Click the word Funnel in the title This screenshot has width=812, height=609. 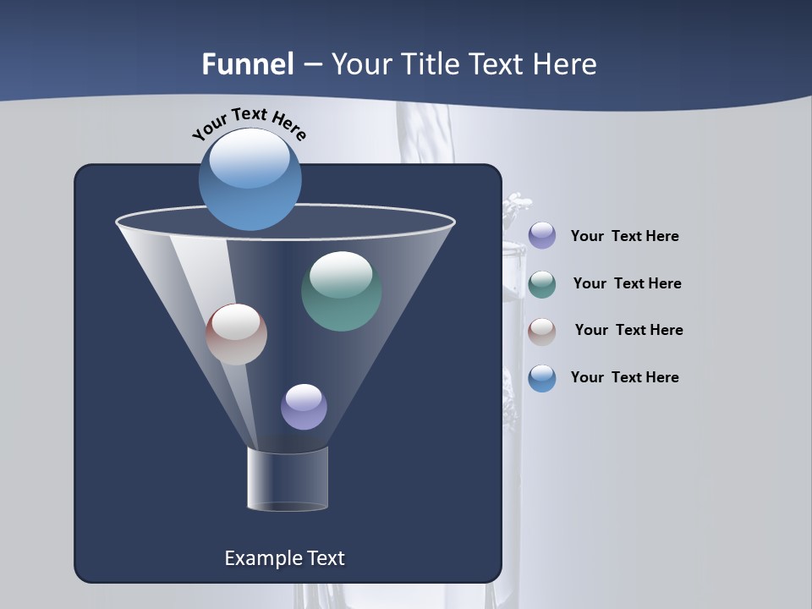tap(247, 64)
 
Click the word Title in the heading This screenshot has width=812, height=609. tap(431, 64)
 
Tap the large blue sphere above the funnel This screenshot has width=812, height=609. tap(250, 179)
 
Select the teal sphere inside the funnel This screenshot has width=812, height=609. tap(341, 291)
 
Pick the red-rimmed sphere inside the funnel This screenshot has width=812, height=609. tap(236, 334)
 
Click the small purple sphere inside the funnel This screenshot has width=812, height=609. tap(304, 407)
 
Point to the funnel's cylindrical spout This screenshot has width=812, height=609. tap(288, 479)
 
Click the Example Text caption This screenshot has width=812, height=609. tap(284, 558)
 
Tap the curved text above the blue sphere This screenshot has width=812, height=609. tap(249, 124)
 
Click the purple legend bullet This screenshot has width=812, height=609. tap(542, 236)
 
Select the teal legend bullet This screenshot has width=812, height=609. tap(542, 284)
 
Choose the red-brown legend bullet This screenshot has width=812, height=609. tap(542, 332)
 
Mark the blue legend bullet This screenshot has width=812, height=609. tap(542, 378)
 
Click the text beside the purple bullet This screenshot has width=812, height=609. tap(624, 237)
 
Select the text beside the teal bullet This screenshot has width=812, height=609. tap(627, 284)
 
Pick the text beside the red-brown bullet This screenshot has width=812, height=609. tap(628, 331)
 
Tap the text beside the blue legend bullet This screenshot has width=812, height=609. tap(624, 378)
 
